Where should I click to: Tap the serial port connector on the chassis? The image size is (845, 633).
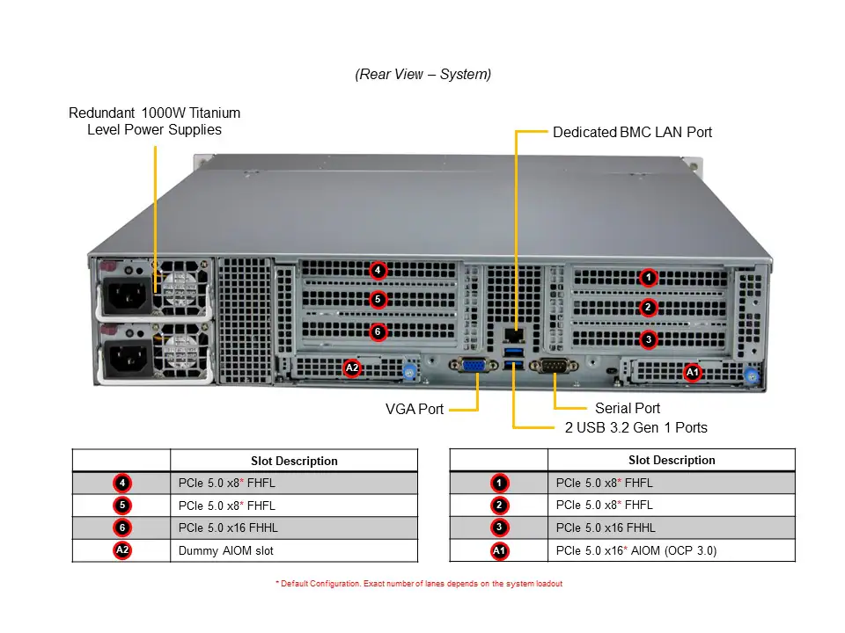555,367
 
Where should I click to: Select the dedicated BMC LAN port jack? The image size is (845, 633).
512,334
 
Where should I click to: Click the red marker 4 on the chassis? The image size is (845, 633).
377,270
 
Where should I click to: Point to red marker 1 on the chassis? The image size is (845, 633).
648,278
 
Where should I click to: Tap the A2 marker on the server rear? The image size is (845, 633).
351,367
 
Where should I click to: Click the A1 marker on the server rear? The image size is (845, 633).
693,373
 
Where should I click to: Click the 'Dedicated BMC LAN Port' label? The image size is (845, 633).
632,132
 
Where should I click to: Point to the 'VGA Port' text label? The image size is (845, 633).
415,409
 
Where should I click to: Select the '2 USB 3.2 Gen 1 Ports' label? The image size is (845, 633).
636,427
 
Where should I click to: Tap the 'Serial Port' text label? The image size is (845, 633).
628,408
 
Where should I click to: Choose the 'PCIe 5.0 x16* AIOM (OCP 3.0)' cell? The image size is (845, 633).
636,551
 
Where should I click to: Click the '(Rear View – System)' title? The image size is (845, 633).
423,75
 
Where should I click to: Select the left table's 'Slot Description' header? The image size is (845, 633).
294,461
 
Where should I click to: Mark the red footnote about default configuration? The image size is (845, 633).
418,584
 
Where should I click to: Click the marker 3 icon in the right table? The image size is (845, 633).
499,528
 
